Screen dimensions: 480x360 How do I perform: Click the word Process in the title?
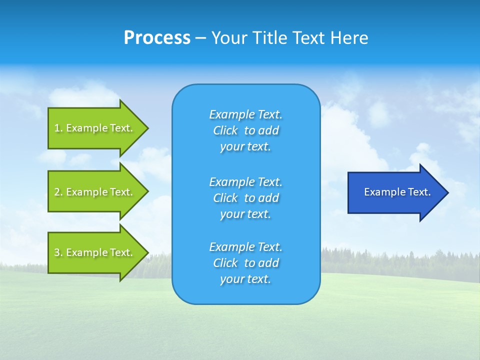click(157, 38)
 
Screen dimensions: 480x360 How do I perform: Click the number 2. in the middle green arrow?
click(58, 192)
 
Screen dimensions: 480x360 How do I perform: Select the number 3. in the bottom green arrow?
click(58, 252)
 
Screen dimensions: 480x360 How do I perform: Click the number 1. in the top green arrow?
click(58, 128)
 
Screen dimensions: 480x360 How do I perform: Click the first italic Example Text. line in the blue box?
click(245, 114)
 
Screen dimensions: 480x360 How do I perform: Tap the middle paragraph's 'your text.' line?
click(245, 214)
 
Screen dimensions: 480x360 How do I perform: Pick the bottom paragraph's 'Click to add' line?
click(245, 263)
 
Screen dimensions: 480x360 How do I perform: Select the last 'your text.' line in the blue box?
click(245, 279)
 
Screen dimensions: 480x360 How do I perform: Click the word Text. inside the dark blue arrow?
click(419, 192)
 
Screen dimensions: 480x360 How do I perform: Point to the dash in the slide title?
click(200, 38)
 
